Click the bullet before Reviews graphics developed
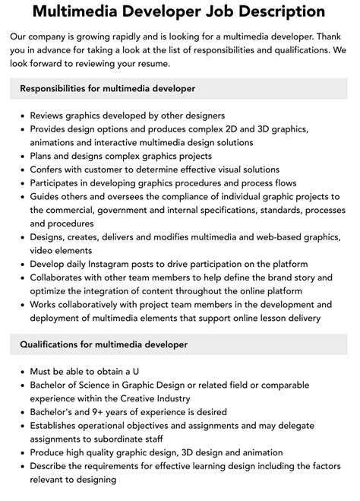[20, 116]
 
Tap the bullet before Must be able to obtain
[20, 373]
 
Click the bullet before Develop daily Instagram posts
[20, 264]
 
